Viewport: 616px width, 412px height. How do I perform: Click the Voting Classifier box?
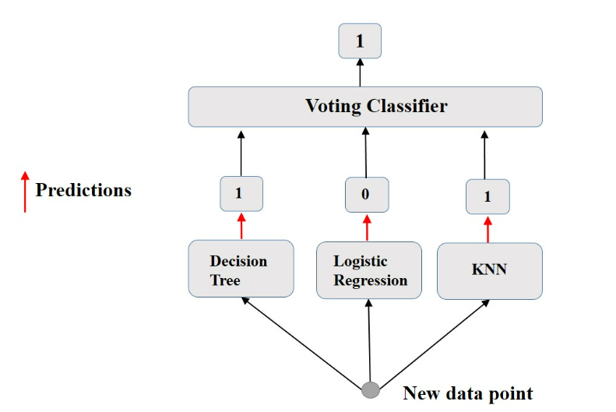click(365, 107)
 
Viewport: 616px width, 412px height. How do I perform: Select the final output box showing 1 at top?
click(359, 41)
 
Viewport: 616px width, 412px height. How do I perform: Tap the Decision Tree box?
click(241, 269)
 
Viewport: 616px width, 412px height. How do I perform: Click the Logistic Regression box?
click(368, 270)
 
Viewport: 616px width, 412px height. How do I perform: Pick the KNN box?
click(489, 270)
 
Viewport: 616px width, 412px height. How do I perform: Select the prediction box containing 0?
click(366, 195)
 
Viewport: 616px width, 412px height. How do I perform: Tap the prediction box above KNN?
click(488, 197)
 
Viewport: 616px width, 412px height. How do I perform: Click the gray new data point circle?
click(371, 389)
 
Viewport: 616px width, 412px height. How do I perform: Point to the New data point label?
click(467, 393)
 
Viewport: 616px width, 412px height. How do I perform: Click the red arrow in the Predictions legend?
click(24, 192)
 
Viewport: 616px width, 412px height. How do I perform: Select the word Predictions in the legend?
click(83, 190)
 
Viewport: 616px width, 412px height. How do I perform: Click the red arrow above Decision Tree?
click(241, 227)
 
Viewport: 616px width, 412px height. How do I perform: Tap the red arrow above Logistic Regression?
click(367, 227)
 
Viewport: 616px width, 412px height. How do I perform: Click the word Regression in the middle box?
click(371, 280)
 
